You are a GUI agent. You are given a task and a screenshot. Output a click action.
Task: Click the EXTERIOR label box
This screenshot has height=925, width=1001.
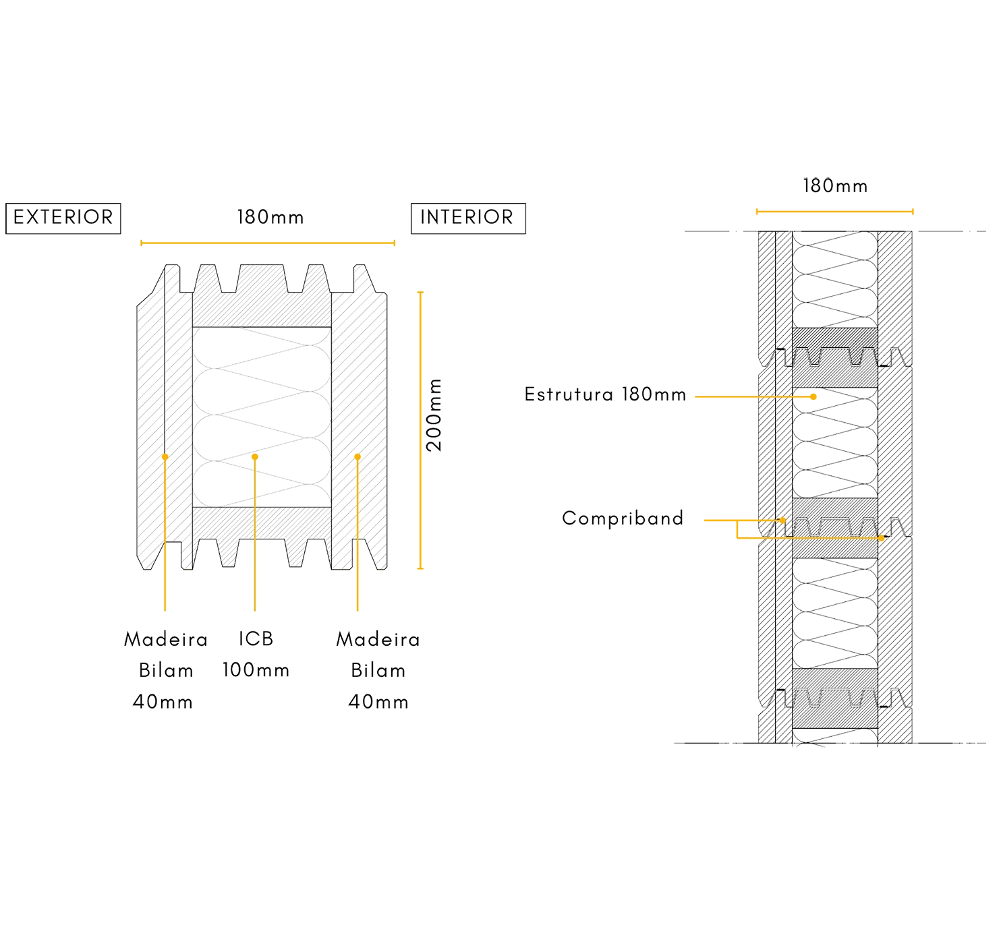point(63,218)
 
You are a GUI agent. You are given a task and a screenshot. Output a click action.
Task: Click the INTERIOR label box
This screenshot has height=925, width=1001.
point(467,218)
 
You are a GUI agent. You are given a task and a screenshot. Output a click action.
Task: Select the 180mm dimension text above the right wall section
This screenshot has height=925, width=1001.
point(835,185)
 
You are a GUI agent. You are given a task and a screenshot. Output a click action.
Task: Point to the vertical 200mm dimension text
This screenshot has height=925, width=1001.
point(435,415)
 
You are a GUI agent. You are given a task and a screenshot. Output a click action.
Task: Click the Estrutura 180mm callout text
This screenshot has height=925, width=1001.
point(605,394)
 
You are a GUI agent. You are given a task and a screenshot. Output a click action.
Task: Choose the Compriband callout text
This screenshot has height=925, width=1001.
point(623,519)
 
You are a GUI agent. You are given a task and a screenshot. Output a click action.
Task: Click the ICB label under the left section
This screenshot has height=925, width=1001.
point(256,639)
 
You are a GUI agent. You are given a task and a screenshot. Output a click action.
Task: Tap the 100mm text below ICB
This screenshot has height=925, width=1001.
point(256,671)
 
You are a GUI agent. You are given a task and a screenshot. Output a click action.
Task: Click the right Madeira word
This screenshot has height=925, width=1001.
point(378,639)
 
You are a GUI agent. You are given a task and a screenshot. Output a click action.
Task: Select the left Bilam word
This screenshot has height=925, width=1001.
point(166,671)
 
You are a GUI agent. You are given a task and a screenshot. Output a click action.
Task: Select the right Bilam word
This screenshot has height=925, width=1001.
point(378,671)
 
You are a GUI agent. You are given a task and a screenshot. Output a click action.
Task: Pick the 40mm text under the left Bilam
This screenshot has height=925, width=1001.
point(163,703)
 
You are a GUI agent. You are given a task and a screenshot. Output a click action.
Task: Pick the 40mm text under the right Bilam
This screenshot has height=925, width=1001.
point(378,703)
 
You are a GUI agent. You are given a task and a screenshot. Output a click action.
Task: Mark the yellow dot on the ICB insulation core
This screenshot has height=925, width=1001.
point(255,457)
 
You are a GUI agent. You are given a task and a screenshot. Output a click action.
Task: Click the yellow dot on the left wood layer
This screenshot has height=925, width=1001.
point(165,457)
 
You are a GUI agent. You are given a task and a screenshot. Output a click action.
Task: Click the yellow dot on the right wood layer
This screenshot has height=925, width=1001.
point(357,457)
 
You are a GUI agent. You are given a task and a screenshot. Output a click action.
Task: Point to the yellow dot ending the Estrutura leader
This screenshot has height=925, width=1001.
point(814,396)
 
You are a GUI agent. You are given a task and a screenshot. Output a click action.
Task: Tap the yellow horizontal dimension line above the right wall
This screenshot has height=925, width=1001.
point(835,210)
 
